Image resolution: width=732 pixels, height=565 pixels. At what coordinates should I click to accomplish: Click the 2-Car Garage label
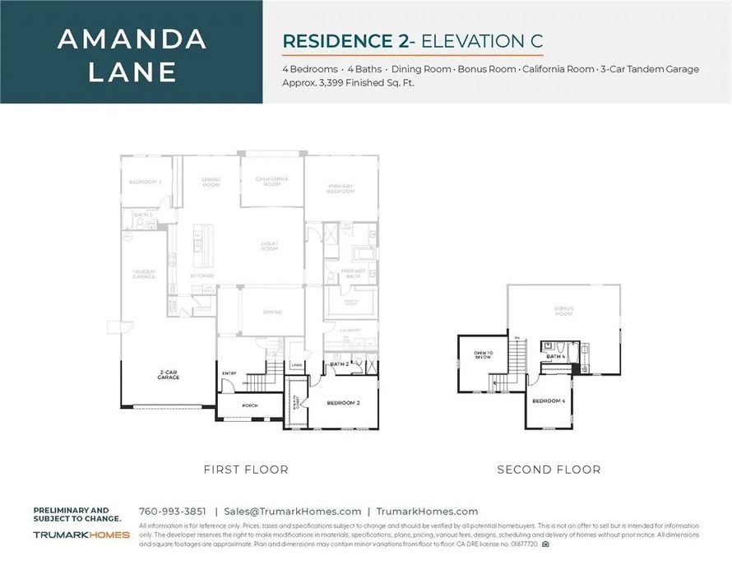tap(169, 374)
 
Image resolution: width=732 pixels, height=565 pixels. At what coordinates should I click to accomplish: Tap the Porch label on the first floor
tap(250, 405)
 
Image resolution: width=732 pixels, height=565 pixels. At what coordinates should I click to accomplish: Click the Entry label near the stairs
tap(229, 374)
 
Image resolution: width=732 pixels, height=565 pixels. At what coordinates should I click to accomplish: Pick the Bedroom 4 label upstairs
tap(549, 401)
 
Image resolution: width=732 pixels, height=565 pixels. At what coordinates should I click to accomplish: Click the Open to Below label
tap(483, 355)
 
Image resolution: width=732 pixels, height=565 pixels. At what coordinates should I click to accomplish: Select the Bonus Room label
tap(563, 311)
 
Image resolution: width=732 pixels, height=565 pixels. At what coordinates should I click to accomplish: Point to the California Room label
tap(271, 181)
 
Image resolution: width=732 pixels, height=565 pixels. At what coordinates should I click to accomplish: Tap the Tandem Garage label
tap(144, 275)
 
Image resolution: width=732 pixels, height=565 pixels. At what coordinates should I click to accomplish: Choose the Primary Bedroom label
tap(340, 188)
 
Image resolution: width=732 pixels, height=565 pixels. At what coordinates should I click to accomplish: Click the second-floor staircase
tap(517, 358)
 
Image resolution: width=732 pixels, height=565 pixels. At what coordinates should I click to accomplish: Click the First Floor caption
tap(246, 470)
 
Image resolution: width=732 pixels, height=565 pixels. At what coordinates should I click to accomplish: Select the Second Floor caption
tap(549, 470)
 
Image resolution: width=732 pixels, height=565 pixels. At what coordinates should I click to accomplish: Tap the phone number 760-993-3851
tap(173, 511)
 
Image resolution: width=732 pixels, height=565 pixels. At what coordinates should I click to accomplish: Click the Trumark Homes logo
tap(81, 535)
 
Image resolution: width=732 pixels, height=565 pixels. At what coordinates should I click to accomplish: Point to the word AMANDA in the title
tap(132, 39)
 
